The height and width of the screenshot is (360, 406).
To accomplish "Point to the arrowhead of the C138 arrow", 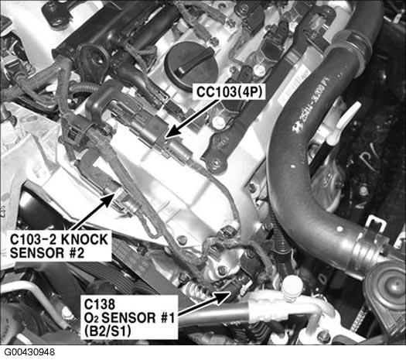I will (x=230, y=293).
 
